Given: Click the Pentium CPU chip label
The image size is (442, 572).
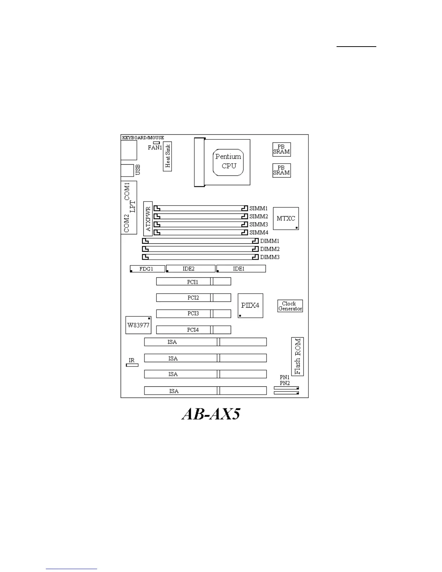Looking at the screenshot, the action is pos(228,161).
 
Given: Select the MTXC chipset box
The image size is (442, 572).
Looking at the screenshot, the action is pos(286,218).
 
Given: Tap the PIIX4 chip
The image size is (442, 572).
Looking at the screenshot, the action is pos(250,305).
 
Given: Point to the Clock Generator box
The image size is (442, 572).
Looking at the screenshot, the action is pos(290,306).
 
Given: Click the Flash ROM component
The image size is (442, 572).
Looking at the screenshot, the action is pos(297,356).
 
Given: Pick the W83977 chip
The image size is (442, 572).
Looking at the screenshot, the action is pos(138,325).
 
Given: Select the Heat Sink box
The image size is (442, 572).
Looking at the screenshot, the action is pos(167,156).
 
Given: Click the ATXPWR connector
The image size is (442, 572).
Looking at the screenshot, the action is pos(148,219).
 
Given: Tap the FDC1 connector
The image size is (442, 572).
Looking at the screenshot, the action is pos(147,269).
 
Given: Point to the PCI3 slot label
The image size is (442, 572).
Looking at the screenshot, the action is pos(193,313).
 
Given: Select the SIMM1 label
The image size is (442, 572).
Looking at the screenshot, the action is pos(259,209).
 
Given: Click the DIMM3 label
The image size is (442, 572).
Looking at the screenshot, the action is pos(270,257).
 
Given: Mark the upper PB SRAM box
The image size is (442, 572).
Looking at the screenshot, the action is pos(281,149).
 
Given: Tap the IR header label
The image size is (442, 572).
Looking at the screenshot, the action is pos(131,360).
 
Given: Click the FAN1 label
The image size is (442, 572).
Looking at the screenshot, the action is pos(155,147).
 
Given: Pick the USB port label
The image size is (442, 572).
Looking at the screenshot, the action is pos(138,170).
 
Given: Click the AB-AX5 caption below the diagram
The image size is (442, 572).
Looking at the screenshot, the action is pos(211,414).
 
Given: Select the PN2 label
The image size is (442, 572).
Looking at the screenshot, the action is pos(285,383).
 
